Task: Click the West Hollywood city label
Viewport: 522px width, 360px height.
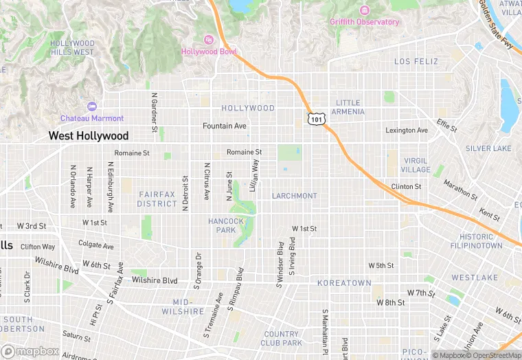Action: coord(88,136)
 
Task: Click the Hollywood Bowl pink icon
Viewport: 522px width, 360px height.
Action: coord(209,39)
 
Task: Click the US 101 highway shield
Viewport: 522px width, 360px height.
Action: coord(315,119)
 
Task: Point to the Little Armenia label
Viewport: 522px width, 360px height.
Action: coord(347,107)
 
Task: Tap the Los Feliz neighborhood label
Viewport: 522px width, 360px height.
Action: coord(416,62)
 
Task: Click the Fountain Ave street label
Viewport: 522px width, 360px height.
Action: coord(224,126)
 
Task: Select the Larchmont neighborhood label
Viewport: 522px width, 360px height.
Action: coord(295,196)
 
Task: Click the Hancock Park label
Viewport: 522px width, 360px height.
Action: coord(226,225)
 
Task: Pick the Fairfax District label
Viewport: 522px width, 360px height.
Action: coord(157,199)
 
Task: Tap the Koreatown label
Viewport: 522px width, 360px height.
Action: coord(344,283)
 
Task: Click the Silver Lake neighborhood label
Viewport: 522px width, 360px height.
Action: coord(488,148)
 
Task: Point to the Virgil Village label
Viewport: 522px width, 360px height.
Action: coord(416,165)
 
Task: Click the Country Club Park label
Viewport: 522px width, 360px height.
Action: coord(282,338)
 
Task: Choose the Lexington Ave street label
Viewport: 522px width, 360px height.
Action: coord(406,131)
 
